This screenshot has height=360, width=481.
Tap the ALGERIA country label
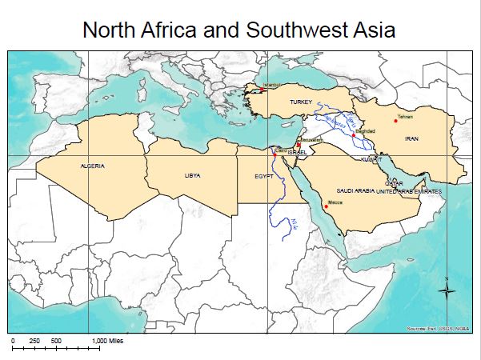92,166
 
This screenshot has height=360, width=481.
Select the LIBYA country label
192,174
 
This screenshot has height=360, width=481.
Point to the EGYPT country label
264,174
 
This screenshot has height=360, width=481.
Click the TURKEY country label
300,102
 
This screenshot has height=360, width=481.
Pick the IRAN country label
412,138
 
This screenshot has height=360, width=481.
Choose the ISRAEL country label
297,151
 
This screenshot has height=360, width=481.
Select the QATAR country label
394,183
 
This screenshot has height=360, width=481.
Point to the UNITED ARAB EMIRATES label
409,192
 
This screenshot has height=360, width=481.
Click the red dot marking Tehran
395,121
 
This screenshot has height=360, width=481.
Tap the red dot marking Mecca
321,210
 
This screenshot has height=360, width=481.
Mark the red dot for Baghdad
353,135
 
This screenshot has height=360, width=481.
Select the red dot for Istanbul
262,90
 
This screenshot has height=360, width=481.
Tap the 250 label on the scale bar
34,341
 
